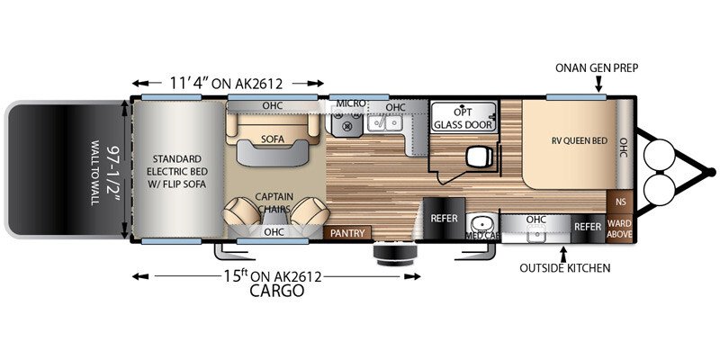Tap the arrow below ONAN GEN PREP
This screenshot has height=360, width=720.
tap(598, 85)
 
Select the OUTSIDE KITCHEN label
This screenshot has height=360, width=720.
tap(564, 267)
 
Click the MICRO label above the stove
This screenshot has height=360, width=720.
tap(350, 104)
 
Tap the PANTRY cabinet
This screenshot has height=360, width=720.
tap(347, 233)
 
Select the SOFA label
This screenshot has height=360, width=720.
tap(273, 139)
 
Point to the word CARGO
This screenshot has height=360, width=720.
tap(277, 291)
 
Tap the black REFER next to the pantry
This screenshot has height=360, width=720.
tap(444, 218)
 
